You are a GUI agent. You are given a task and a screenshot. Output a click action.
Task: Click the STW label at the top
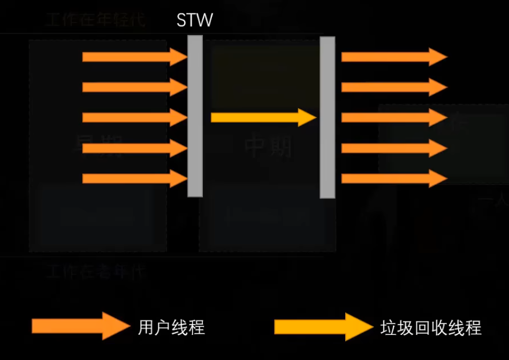(x=194, y=20)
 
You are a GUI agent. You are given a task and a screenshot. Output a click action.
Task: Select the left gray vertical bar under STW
(x=195, y=116)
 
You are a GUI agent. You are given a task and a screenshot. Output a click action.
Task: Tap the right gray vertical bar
(x=328, y=117)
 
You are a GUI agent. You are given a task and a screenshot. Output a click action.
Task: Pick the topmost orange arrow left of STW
(x=134, y=56)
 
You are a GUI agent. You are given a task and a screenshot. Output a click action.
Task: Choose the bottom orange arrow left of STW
(x=134, y=178)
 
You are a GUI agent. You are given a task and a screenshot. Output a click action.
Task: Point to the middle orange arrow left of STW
(x=134, y=117)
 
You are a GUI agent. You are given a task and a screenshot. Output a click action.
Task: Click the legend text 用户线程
(x=171, y=327)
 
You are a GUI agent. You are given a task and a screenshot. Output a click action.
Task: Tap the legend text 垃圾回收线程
(x=431, y=327)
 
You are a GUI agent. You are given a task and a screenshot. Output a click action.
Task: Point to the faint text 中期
(x=268, y=146)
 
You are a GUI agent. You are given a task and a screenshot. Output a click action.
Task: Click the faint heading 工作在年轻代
(x=95, y=21)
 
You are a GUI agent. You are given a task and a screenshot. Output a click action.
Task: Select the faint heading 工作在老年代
(x=95, y=272)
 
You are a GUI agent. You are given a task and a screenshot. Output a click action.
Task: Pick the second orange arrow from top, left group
(x=134, y=87)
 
